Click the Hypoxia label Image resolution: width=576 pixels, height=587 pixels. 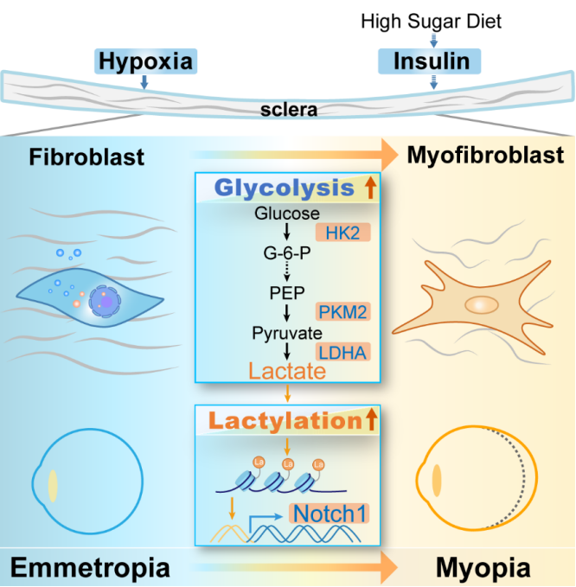145,61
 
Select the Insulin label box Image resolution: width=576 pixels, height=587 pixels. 432,61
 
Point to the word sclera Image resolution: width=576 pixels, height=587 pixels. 288,112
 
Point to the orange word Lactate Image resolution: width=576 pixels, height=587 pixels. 286,371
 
